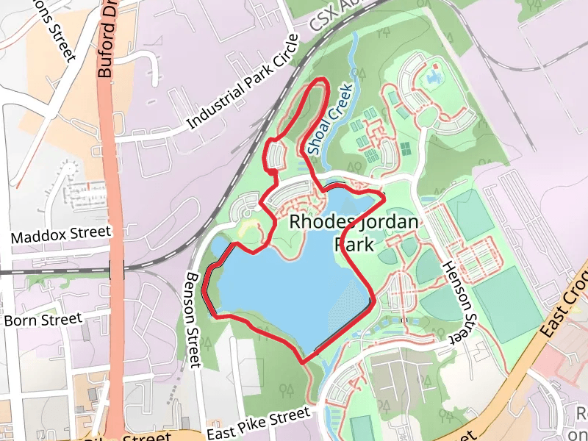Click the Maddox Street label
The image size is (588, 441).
click(x=61, y=235)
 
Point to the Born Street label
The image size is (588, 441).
click(x=42, y=320)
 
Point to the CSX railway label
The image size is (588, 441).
click(x=331, y=17)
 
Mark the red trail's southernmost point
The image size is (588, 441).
click(x=304, y=361)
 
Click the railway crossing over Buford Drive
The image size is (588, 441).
click(x=116, y=268)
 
